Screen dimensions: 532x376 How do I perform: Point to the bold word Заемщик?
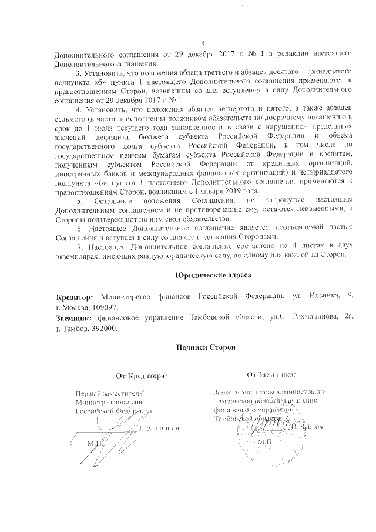pos(73,318)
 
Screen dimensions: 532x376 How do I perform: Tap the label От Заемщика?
pos(271,374)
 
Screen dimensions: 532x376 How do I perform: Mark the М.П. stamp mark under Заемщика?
pos(266,441)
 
